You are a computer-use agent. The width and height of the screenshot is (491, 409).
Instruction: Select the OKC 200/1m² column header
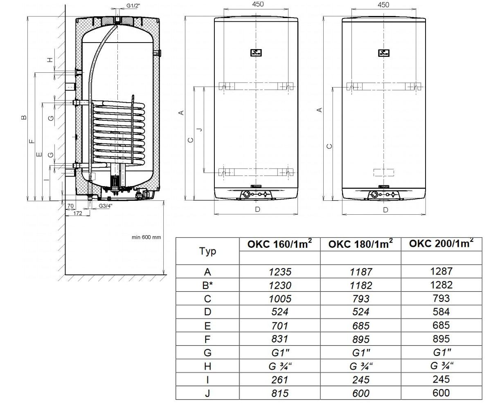coord(441,243)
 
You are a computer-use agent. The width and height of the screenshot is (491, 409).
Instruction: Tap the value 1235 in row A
coord(280,272)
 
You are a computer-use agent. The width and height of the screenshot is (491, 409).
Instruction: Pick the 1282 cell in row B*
coord(441,285)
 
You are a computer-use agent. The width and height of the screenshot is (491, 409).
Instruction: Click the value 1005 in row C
coord(280,299)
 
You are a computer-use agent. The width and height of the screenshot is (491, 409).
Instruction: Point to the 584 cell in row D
coord(441,312)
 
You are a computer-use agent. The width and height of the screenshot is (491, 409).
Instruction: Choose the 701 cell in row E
coord(280,326)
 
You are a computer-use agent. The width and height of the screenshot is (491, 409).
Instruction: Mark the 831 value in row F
coord(280,339)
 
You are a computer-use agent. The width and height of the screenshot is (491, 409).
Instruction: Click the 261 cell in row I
coord(280,380)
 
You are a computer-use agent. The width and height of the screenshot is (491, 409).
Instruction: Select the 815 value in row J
coord(280,393)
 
